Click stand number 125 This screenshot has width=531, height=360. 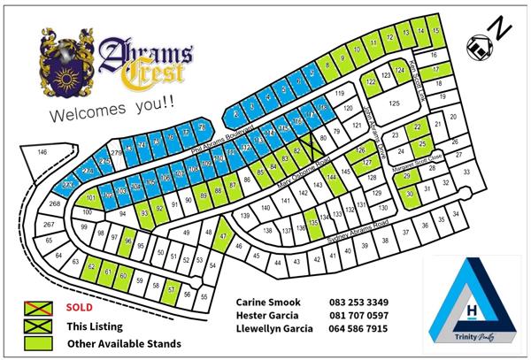click(x=395, y=103)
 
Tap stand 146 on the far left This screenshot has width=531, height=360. click(x=41, y=153)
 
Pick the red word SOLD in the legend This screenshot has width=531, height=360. click(x=80, y=308)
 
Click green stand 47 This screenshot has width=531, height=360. click(x=224, y=237)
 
